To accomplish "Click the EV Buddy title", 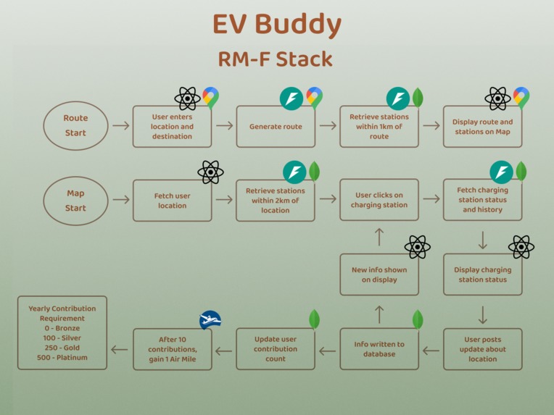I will (x=276, y=25).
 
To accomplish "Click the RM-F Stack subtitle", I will (x=276, y=59).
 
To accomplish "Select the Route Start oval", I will (x=75, y=125).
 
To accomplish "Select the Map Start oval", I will (x=75, y=201).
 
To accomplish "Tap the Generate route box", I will (x=276, y=127).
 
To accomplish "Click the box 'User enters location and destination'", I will (x=172, y=127).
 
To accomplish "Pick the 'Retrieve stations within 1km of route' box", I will (x=379, y=127).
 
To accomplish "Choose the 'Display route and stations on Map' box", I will (x=482, y=127).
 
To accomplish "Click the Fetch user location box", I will (x=172, y=201).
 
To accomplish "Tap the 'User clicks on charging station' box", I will (x=379, y=201).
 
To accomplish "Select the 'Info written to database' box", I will (x=379, y=349).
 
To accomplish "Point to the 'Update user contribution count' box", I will (x=276, y=349).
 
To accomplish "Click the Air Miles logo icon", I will (x=210, y=320).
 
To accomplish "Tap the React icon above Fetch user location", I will (x=210, y=172).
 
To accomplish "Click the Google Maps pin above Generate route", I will (x=314, y=97).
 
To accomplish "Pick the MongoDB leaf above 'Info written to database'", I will (x=418, y=319).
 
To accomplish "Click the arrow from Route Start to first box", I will (x=121, y=125).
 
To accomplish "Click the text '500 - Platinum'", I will (x=62, y=358).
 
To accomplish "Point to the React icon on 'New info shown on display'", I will (x=417, y=247).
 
